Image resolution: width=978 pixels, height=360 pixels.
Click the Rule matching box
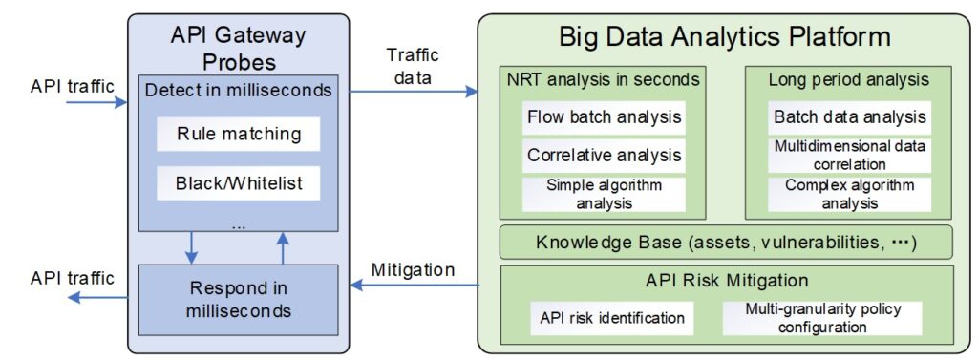(x=239, y=135)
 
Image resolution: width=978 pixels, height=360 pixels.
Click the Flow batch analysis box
(x=605, y=118)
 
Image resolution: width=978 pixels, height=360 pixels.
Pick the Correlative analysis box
(x=605, y=155)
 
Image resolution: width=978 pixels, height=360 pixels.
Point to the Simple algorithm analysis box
(x=605, y=194)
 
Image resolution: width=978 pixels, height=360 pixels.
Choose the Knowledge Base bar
(x=727, y=243)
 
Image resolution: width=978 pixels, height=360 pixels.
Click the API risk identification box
(x=612, y=318)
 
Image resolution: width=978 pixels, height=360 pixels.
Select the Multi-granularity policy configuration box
(x=822, y=318)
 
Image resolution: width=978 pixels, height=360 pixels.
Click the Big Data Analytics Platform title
(x=726, y=37)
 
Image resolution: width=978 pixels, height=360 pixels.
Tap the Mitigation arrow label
(x=414, y=269)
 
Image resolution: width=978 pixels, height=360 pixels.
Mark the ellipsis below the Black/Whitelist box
(x=238, y=226)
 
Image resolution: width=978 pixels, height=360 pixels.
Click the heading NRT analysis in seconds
(x=604, y=80)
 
